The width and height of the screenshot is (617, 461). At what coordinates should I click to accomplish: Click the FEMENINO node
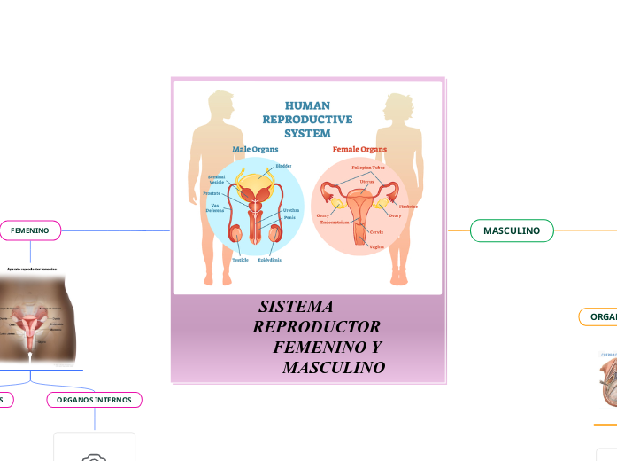pos(30,230)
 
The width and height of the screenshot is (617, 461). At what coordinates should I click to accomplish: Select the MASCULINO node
pos(512,230)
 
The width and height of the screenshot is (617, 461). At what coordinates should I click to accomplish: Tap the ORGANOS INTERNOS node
pos(94,400)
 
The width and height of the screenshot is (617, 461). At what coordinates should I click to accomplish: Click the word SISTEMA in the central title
pos(296,307)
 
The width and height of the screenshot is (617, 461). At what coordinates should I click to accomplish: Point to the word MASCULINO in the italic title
pos(334,367)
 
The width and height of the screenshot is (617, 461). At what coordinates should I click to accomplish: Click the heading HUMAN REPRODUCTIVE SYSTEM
pos(307,120)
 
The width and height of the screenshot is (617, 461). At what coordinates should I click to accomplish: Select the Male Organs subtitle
pos(255,149)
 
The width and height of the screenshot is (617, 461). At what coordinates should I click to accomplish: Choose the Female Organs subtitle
pos(359,149)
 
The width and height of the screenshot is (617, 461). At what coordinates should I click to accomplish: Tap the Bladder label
pos(283,166)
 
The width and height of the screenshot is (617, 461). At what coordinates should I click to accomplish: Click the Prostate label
pos(212,192)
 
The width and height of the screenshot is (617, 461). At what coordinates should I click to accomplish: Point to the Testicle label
pos(241,260)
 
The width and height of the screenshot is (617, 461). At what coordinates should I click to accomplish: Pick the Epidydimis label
pos(270,260)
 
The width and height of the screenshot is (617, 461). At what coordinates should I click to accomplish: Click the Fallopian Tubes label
pos(368,167)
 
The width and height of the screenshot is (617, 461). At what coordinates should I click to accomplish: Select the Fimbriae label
pos(408,207)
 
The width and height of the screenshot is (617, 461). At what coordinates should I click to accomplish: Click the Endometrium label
pos(340,223)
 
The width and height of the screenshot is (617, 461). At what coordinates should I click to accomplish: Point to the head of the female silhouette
pos(396,104)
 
